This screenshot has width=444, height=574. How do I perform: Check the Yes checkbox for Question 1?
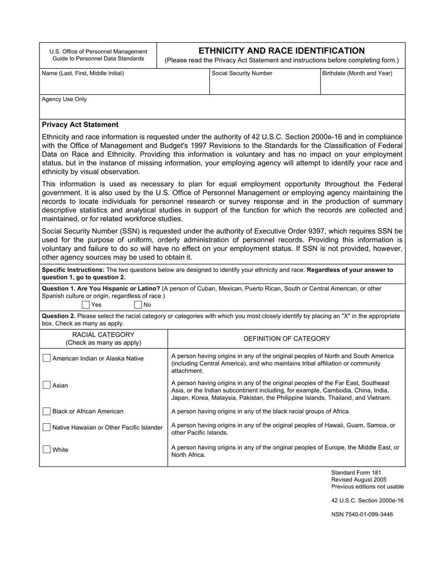[85, 304]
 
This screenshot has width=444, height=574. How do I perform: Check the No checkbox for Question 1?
[138, 304]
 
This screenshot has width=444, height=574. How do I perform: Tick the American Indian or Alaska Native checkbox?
[47, 358]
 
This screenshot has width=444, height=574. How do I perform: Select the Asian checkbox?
[47, 385]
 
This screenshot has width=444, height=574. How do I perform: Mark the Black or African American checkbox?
[47, 411]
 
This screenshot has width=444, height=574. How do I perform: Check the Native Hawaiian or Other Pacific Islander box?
[47, 427]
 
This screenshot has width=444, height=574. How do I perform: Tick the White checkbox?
[47, 449]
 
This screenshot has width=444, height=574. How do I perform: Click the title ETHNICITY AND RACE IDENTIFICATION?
[281, 50]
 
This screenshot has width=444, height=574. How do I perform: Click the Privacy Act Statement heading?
[80, 125]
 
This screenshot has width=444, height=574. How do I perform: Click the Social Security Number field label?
[242, 73]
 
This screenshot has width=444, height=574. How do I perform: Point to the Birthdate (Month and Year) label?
[357, 73]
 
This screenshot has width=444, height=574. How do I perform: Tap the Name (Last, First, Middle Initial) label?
[83, 73]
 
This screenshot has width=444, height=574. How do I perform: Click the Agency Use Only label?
[64, 99]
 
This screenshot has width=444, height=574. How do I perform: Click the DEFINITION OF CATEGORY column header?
[286, 338]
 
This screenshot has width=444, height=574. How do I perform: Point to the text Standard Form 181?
[356, 473]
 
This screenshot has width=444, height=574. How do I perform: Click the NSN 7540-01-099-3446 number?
[362, 514]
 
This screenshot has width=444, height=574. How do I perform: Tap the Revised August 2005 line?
[359, 480]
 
